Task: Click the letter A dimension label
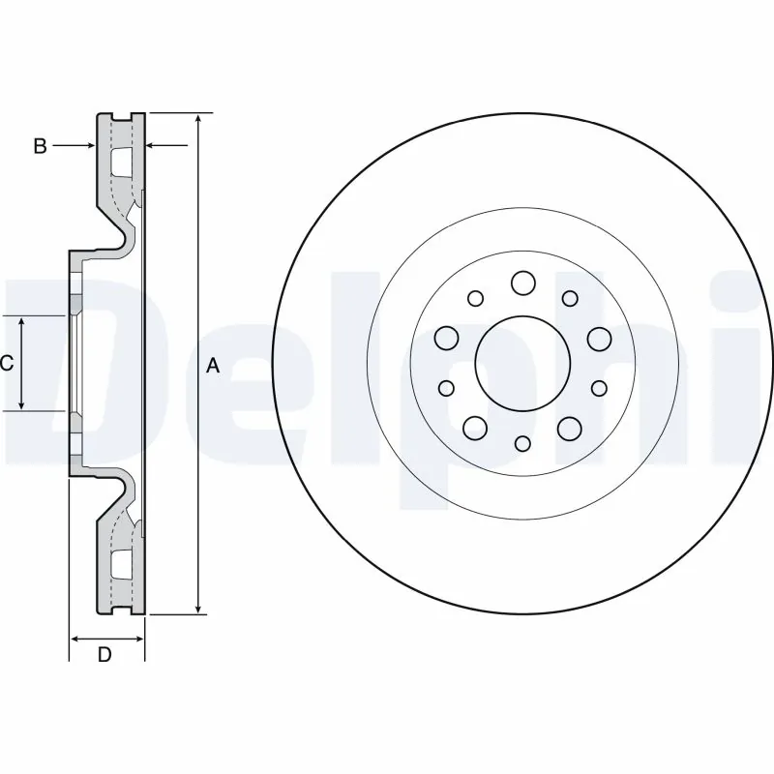(214, 365)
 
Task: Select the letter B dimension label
(40, 146)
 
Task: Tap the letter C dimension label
(7, 363)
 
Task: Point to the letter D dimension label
(105, 655)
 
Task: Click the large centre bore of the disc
(521, 362)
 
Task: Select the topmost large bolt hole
(522, 283)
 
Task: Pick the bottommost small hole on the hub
(522, 443)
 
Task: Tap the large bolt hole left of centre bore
(446, 338)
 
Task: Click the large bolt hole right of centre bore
(599, 338)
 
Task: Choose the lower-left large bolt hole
(475, 427)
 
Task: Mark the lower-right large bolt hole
(569, 427)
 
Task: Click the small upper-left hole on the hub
(475, 298)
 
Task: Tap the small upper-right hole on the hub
(570, 298)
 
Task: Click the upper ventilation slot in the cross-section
(122, 162)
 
